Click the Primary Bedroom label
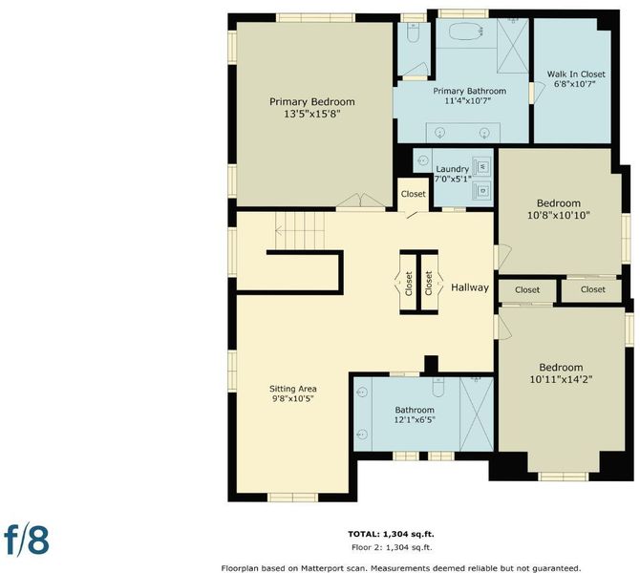tap(311, 101)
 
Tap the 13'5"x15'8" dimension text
tap(311, 114)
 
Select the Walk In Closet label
tap(576, 74)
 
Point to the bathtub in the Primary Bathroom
tap(466, 31)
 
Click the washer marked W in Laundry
tap(482, 166)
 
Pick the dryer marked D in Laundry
tap(482, 190)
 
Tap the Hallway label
tap(470, 287)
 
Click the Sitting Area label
tap(292, 389)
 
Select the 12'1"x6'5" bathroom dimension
tap(415, 419)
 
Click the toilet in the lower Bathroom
tap(437, 386)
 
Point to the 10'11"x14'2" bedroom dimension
tap(561, 379)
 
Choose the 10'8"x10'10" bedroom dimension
tap(559, 215)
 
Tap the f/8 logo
tap(27, 540)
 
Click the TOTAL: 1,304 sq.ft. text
tap(391, 534)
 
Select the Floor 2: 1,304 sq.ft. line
tap(392, 547)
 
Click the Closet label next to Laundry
tap(413, 194)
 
